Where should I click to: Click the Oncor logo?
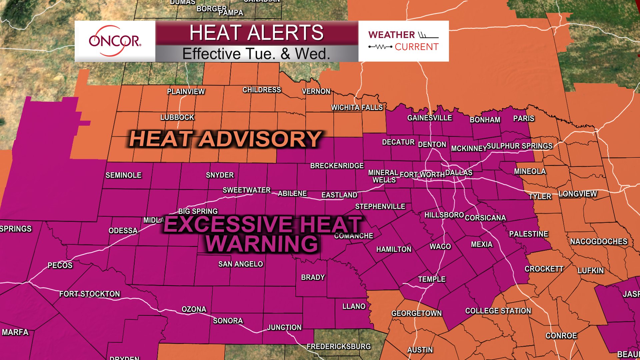click(115, 41)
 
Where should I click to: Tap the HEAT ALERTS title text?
click(256, 33)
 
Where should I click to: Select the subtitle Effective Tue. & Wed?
click(256, 54)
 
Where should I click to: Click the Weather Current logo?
click(403, 41)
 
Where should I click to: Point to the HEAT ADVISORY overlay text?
click(225, 139)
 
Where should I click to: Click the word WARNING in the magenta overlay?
click(262, 244)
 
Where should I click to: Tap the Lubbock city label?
click(177, 117)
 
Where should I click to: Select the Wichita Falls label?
click(357, 107)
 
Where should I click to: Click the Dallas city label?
click(459, 173)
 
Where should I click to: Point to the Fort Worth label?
click(422, 175)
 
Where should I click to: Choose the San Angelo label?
click(240, 264)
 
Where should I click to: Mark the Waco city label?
click(440, 246)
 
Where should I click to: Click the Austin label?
click(420, 350)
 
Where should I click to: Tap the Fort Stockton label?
click(89, 294)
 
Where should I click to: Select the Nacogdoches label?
click(598, 241)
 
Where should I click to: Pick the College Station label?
click(498, 311)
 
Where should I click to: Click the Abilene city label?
click(292, 193)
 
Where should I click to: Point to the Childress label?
click(262, 90)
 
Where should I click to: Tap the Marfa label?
click(15, 332)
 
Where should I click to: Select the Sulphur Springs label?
click(519, 146)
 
